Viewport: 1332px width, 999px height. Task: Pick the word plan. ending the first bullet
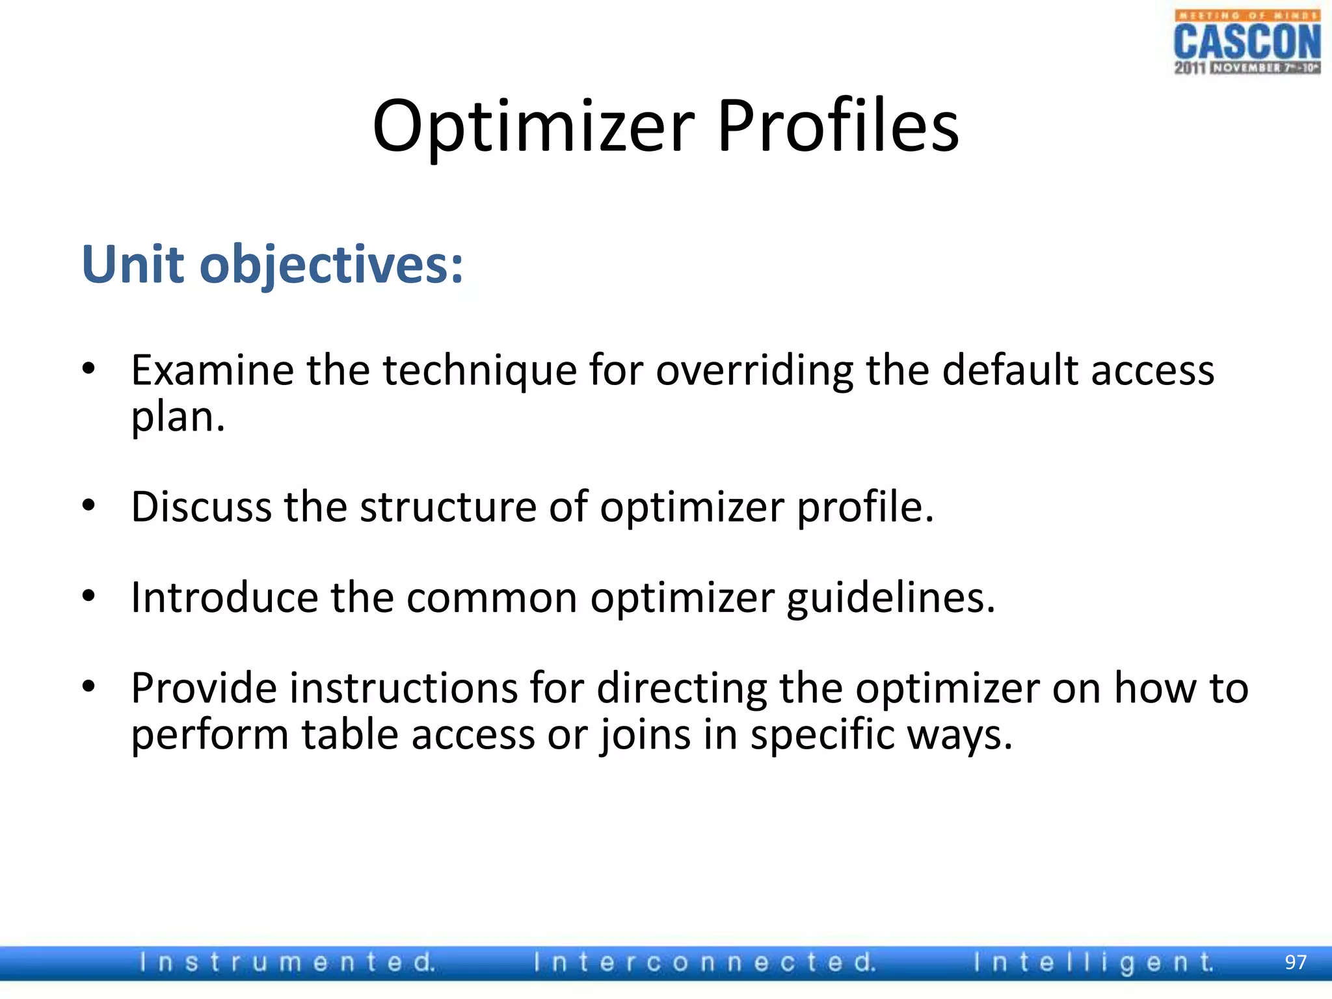(x=178, y=417)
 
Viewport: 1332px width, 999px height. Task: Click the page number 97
(x=1296, y=962)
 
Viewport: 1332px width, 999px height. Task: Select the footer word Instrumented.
(x=287, y=962)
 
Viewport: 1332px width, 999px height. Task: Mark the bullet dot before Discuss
(x=89, y=505)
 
